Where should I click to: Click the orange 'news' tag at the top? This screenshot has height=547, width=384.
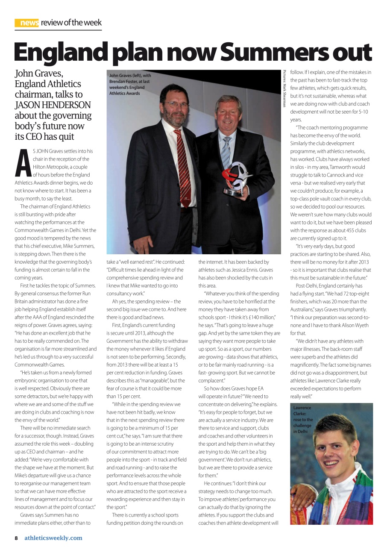coord(27,23)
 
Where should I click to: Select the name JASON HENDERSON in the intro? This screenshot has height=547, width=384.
coord(53,105)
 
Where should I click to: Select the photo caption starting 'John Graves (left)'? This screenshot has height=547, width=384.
coord(129,84)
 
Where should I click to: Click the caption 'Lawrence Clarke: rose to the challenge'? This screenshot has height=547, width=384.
coord(303,420)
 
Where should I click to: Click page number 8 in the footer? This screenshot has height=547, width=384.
coord(16,538)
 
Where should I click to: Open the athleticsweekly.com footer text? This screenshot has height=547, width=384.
coord(53,538)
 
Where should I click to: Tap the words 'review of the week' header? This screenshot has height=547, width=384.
coord(71,23)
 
